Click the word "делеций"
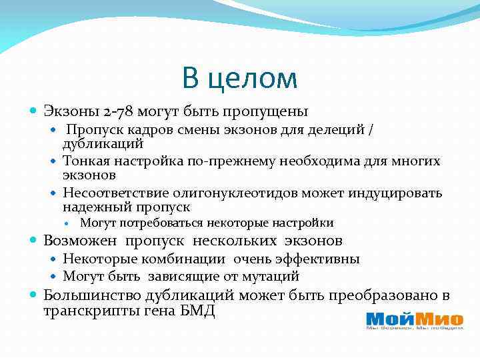click(x=339, y=130)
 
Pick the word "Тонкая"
click(x=85, y=161)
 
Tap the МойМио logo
click(x=407, y=320)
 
